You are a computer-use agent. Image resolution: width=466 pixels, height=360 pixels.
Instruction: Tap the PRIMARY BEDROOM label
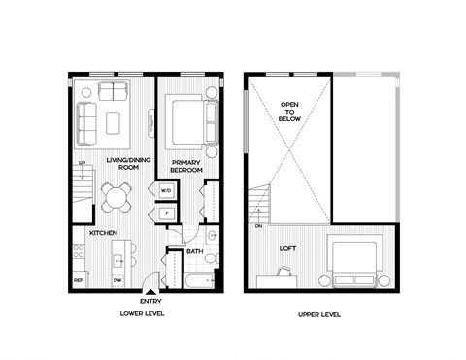[185, 166]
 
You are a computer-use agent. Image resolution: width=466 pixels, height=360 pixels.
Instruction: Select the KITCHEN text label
[104, 234]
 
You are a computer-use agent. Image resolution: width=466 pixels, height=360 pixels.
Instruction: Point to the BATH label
[194, 252]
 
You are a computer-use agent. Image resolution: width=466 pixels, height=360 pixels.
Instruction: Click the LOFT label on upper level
[287, 248]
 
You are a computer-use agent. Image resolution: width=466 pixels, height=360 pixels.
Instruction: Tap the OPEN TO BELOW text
[289, 112]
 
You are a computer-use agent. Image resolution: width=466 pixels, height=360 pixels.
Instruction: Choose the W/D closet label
[166, 190]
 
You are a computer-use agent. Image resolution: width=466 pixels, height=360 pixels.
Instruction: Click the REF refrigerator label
[78, 281]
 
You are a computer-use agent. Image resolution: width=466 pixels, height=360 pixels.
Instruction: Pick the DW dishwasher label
[116, 281]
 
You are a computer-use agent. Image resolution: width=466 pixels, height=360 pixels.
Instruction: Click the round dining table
[116, 198]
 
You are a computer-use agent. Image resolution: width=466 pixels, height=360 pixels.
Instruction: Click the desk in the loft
[283, 280]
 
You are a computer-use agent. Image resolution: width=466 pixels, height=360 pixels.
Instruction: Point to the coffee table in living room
[113, 122]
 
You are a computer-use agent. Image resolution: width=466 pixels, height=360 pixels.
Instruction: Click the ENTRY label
[150, 302]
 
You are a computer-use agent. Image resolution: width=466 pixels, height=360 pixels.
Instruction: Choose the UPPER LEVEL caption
[321, 315]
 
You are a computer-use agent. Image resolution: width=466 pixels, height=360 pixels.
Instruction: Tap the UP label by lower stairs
[83, 163]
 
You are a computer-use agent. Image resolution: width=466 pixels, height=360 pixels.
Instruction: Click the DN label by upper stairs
[259, 226]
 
